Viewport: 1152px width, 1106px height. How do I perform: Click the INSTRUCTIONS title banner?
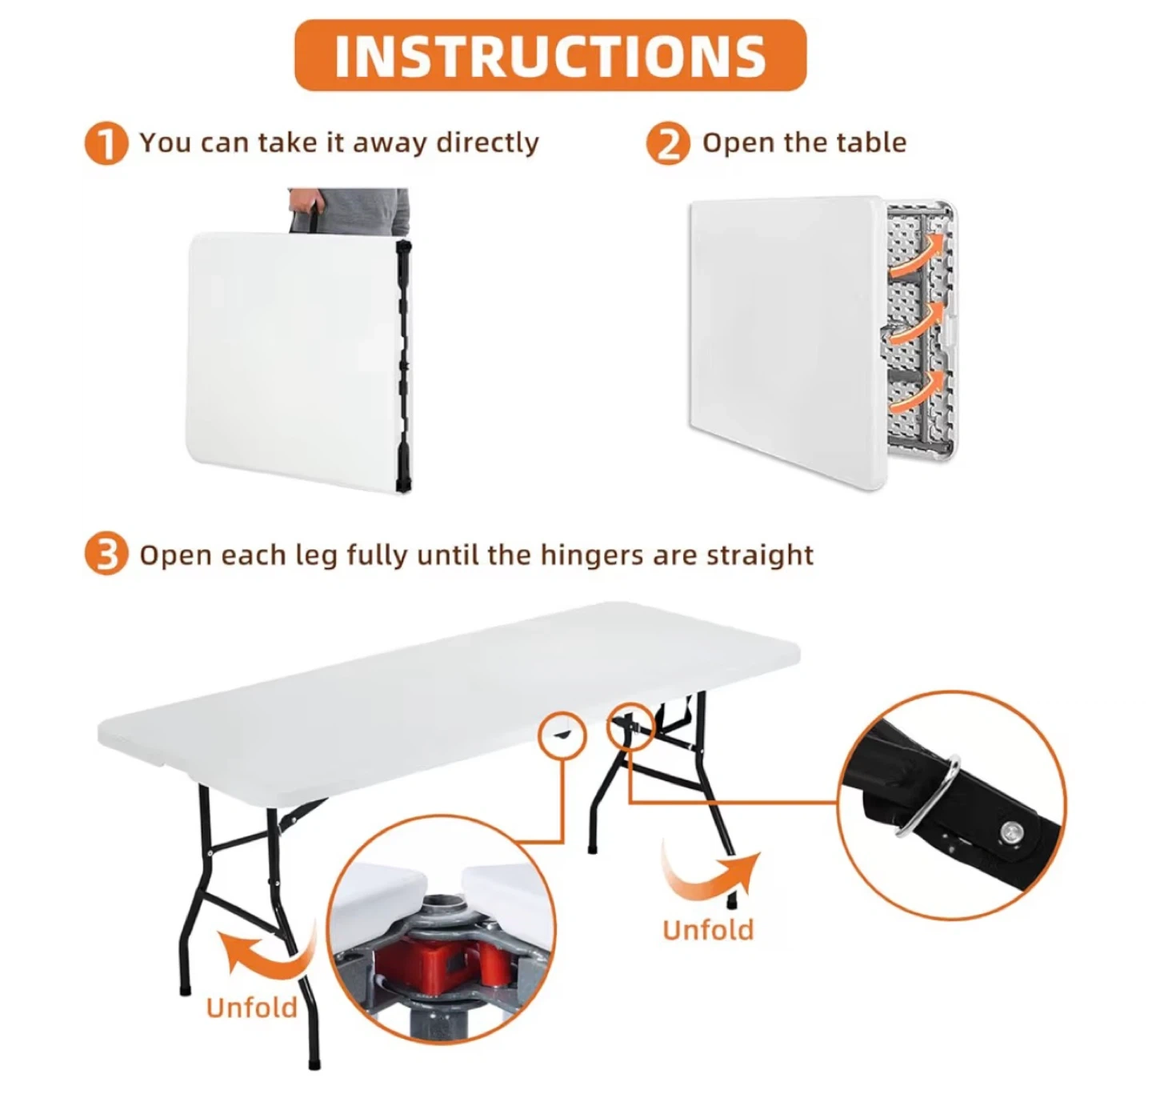pyautogui.click(x=550, y=55)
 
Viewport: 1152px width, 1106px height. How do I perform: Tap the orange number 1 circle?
pyautogui.click(x=106, y=143)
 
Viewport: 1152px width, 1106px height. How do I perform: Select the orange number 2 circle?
pyautogui.click(x=668, y=143)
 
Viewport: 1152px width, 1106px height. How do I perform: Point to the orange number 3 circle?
pyautogui.click(x=106, y=554)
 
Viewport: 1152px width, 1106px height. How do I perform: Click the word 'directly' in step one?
pyautogui.click(x=487, y=142)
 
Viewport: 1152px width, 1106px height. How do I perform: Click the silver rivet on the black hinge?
pyautogui.click(x=1012, y=832)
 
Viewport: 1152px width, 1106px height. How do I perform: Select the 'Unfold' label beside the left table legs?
pyautogui.click(x=251, y=1007)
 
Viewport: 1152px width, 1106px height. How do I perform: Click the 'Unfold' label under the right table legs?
pyautogui.click(x=708, y=930)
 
